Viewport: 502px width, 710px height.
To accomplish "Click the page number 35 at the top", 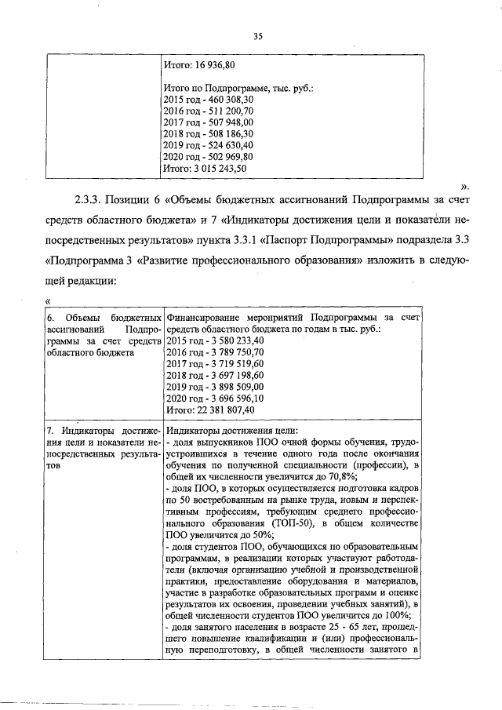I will pyautogui.click(x=256, y=35).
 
